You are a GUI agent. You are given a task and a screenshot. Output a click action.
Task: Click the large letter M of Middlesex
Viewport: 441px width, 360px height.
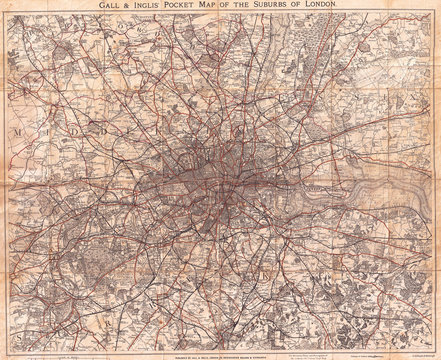(18, 131)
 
